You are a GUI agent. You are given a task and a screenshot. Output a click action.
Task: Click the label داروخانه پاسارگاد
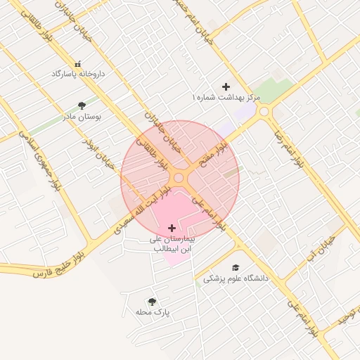click(78, 73)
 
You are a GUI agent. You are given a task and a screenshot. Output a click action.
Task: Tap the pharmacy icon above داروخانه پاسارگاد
click(78, 63)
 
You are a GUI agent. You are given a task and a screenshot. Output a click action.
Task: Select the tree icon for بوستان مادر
click(82, 106)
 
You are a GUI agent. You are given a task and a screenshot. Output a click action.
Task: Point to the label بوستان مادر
click(82, 117)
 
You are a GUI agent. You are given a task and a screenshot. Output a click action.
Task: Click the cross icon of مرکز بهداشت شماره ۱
click(226, 86)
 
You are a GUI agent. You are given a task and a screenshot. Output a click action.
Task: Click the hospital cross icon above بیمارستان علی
click(172, 228)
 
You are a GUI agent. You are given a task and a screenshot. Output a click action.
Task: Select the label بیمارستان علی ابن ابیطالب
click(172, 244)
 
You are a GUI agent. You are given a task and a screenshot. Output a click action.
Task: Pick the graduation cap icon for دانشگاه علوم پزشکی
click(236, 268)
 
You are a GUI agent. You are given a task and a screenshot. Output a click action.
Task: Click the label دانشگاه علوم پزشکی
click(236, 278)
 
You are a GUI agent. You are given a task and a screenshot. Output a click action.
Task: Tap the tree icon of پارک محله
click(152, 301)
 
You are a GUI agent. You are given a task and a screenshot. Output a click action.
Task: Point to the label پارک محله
click(153, 311)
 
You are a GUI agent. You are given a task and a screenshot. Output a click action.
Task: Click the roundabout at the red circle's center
click(179, 179)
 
